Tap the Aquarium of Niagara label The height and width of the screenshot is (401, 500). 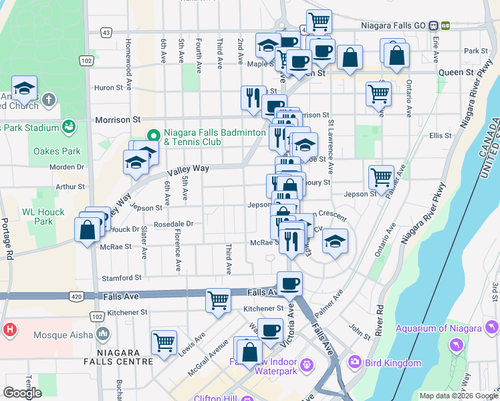438,327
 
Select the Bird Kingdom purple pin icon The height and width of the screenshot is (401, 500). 354,362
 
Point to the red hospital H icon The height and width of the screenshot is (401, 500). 10,329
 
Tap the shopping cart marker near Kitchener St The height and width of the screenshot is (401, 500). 218,300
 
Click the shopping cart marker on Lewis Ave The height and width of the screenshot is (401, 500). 164,342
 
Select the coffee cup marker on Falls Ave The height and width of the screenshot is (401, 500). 289,283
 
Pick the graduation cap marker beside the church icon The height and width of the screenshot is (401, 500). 24,89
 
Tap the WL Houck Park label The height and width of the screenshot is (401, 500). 37,217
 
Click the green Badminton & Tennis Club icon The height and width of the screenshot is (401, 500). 153,133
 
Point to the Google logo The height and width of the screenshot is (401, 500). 22,392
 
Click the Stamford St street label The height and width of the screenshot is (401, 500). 122,277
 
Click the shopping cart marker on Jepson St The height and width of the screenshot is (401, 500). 381,178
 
